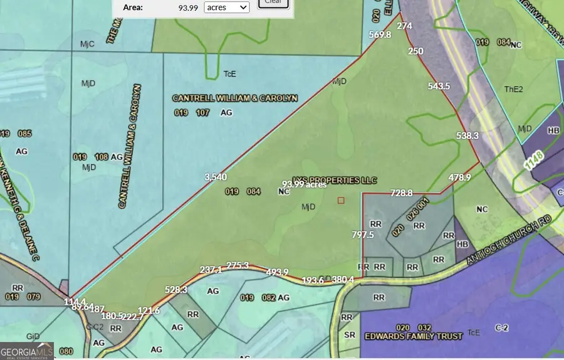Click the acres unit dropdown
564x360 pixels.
(x=226, y=7)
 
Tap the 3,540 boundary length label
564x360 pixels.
(x=216, y=177)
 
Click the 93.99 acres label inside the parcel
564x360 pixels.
(x=304, y=184)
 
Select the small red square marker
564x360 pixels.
(x=341, y=200)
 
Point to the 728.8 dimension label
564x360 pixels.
(x=402, y=193)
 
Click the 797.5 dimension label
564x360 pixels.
(x=363, y=235)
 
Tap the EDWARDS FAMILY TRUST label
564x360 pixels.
(x=414, y=336)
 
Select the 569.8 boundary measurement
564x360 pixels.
(x=380, y=35)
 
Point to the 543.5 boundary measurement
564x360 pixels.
(x=439, y=86)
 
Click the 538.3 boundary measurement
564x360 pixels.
(x=467, y=135)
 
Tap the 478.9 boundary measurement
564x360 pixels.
(x=459, y=177)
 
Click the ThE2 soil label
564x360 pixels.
(x=513, y=90)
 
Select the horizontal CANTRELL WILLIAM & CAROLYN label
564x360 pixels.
(x=235, y=98)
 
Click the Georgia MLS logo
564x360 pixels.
(x=27, y=350)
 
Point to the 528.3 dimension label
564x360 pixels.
(x=176, y=289)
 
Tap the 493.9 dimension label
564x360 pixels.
(x=277, y=272)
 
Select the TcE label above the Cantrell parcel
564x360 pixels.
(x=230, y=74)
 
